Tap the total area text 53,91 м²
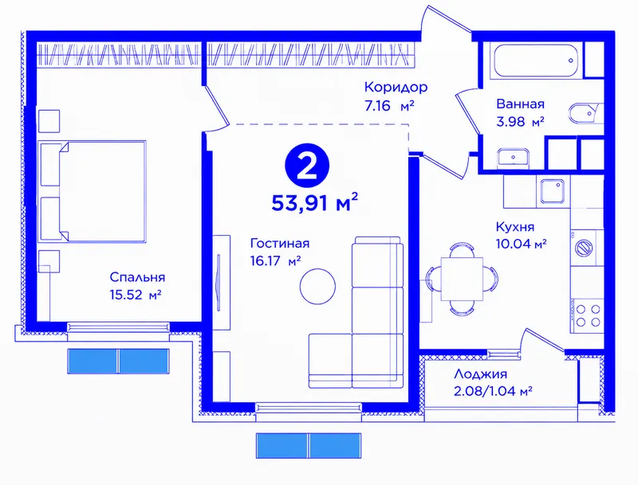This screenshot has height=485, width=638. click(314, 202)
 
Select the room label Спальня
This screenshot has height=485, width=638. click(137, 277)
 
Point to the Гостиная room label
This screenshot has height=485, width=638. click(280, 244)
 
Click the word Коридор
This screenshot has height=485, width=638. click(396, 87)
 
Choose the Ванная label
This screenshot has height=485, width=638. click(520, 104)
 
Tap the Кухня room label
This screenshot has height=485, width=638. click(514, 227)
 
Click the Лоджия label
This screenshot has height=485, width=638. click(480, 374)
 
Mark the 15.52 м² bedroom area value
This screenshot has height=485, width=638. click(136, 295)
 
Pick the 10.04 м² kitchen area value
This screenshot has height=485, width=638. click(521, 244)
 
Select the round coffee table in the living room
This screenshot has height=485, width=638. click(317, 287)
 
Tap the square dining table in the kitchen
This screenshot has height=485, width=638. click(462, 279)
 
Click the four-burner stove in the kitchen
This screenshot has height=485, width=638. click(588, 315)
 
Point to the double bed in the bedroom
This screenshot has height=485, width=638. click(93, 192)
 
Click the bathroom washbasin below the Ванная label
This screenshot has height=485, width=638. click(513, 158)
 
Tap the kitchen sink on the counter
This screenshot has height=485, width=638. click(552, 191)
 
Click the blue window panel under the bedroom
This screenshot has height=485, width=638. click(118, 361)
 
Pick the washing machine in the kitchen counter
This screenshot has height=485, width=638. click(585, 248)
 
